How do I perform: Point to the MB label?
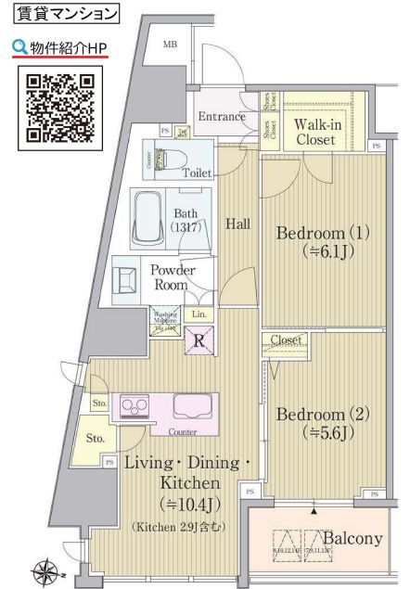point(171,45)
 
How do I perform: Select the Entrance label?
point(221,117)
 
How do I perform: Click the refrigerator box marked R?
point(199,340)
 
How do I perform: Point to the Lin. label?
point(199,314)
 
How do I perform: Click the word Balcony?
point(352,539)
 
